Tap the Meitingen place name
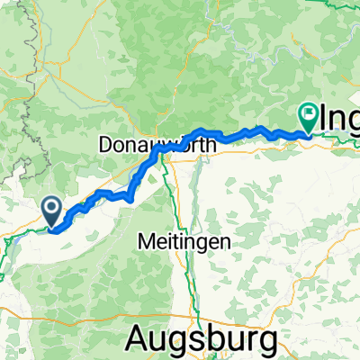[184, 241]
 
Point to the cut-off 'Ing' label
[341, 118]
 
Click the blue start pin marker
[53, 211]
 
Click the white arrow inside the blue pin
[53, 210]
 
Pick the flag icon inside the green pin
[308, 114]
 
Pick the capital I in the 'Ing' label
[323, 117]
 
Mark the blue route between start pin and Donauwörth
[108, 194]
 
